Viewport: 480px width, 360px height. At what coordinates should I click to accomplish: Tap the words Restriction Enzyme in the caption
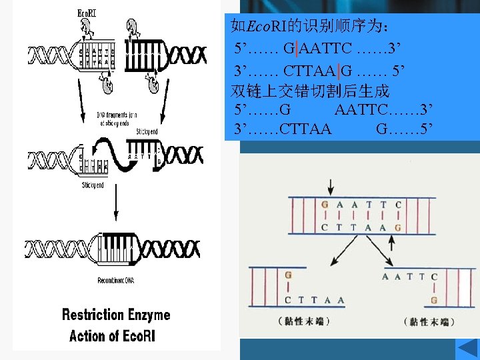click(x=116, y=315)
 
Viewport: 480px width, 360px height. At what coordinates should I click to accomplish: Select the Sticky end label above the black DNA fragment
click(x=147, y=132)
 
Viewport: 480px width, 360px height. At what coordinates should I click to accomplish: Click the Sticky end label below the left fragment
click(x=93, y=185)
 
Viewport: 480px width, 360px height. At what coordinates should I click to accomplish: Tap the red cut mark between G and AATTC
click(x=297, y=49)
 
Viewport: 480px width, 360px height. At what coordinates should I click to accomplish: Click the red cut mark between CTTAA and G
click(x=339, y=71)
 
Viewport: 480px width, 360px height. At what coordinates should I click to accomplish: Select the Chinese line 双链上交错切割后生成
click(x=309, y=91)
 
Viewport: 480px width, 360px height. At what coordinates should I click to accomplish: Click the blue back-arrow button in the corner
click(x=465, y=349)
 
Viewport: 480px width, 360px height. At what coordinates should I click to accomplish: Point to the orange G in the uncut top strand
click(x=325, y=205)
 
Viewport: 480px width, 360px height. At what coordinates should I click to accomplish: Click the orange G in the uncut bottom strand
click(x=398, y=227)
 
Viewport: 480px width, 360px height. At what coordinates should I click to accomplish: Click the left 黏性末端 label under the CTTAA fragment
click(x=304, y=321)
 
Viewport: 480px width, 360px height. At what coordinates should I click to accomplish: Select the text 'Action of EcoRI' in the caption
click(x=112, y=335)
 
